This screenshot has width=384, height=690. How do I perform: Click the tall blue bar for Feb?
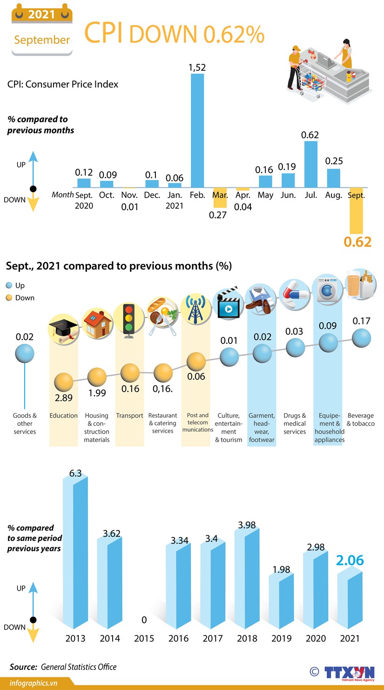coord(197,131)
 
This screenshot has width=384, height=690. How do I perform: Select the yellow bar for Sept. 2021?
coord(356,217)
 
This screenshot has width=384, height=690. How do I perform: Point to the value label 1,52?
coord(197,68)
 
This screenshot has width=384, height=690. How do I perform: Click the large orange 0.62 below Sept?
coord(357,242)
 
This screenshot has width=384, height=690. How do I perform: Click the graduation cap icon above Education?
coord(63,331)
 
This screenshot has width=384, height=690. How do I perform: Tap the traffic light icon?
coord(128,318)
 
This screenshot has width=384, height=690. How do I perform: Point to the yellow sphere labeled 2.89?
coord(64,383)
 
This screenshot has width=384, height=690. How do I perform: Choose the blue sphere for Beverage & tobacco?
coord(362,338)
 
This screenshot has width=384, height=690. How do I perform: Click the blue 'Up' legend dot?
coord(9,285)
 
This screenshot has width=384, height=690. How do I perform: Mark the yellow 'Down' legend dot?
coord(9,297)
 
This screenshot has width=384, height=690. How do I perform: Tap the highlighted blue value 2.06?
coord(350,560)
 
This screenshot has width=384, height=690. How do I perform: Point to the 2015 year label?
coord(144,638)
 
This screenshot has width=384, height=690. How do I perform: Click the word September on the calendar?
coord(42,40)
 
